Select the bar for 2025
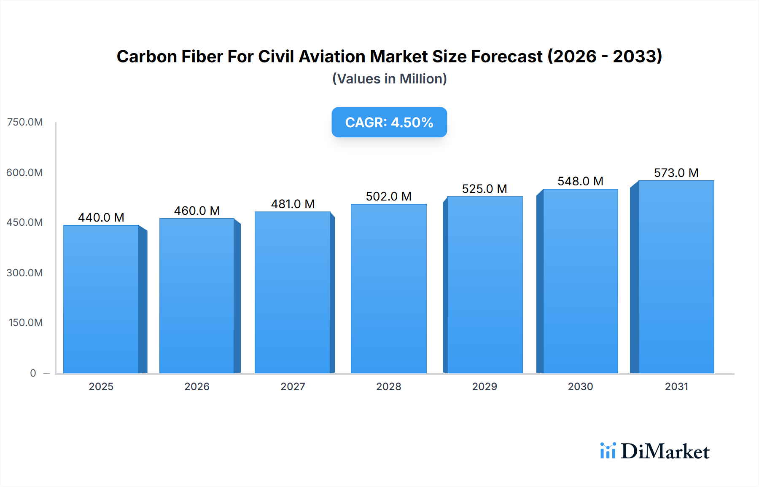point(101,299)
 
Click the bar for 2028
point(388,289)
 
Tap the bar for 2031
point(676,277)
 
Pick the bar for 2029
point(484,285)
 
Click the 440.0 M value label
point(101,217)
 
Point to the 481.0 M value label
point(293,204)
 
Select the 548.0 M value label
point(580,181)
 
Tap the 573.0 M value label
point(676,173)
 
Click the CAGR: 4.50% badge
point(389,122)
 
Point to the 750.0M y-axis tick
point(25,122)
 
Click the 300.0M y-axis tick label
point(25,273)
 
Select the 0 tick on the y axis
point(33,373)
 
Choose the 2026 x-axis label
point(197,386)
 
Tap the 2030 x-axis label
point(580,386)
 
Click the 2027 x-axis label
point(293,386)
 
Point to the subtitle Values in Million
point(389,79)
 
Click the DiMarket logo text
point(665,452)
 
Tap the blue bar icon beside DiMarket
point(608,451)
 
